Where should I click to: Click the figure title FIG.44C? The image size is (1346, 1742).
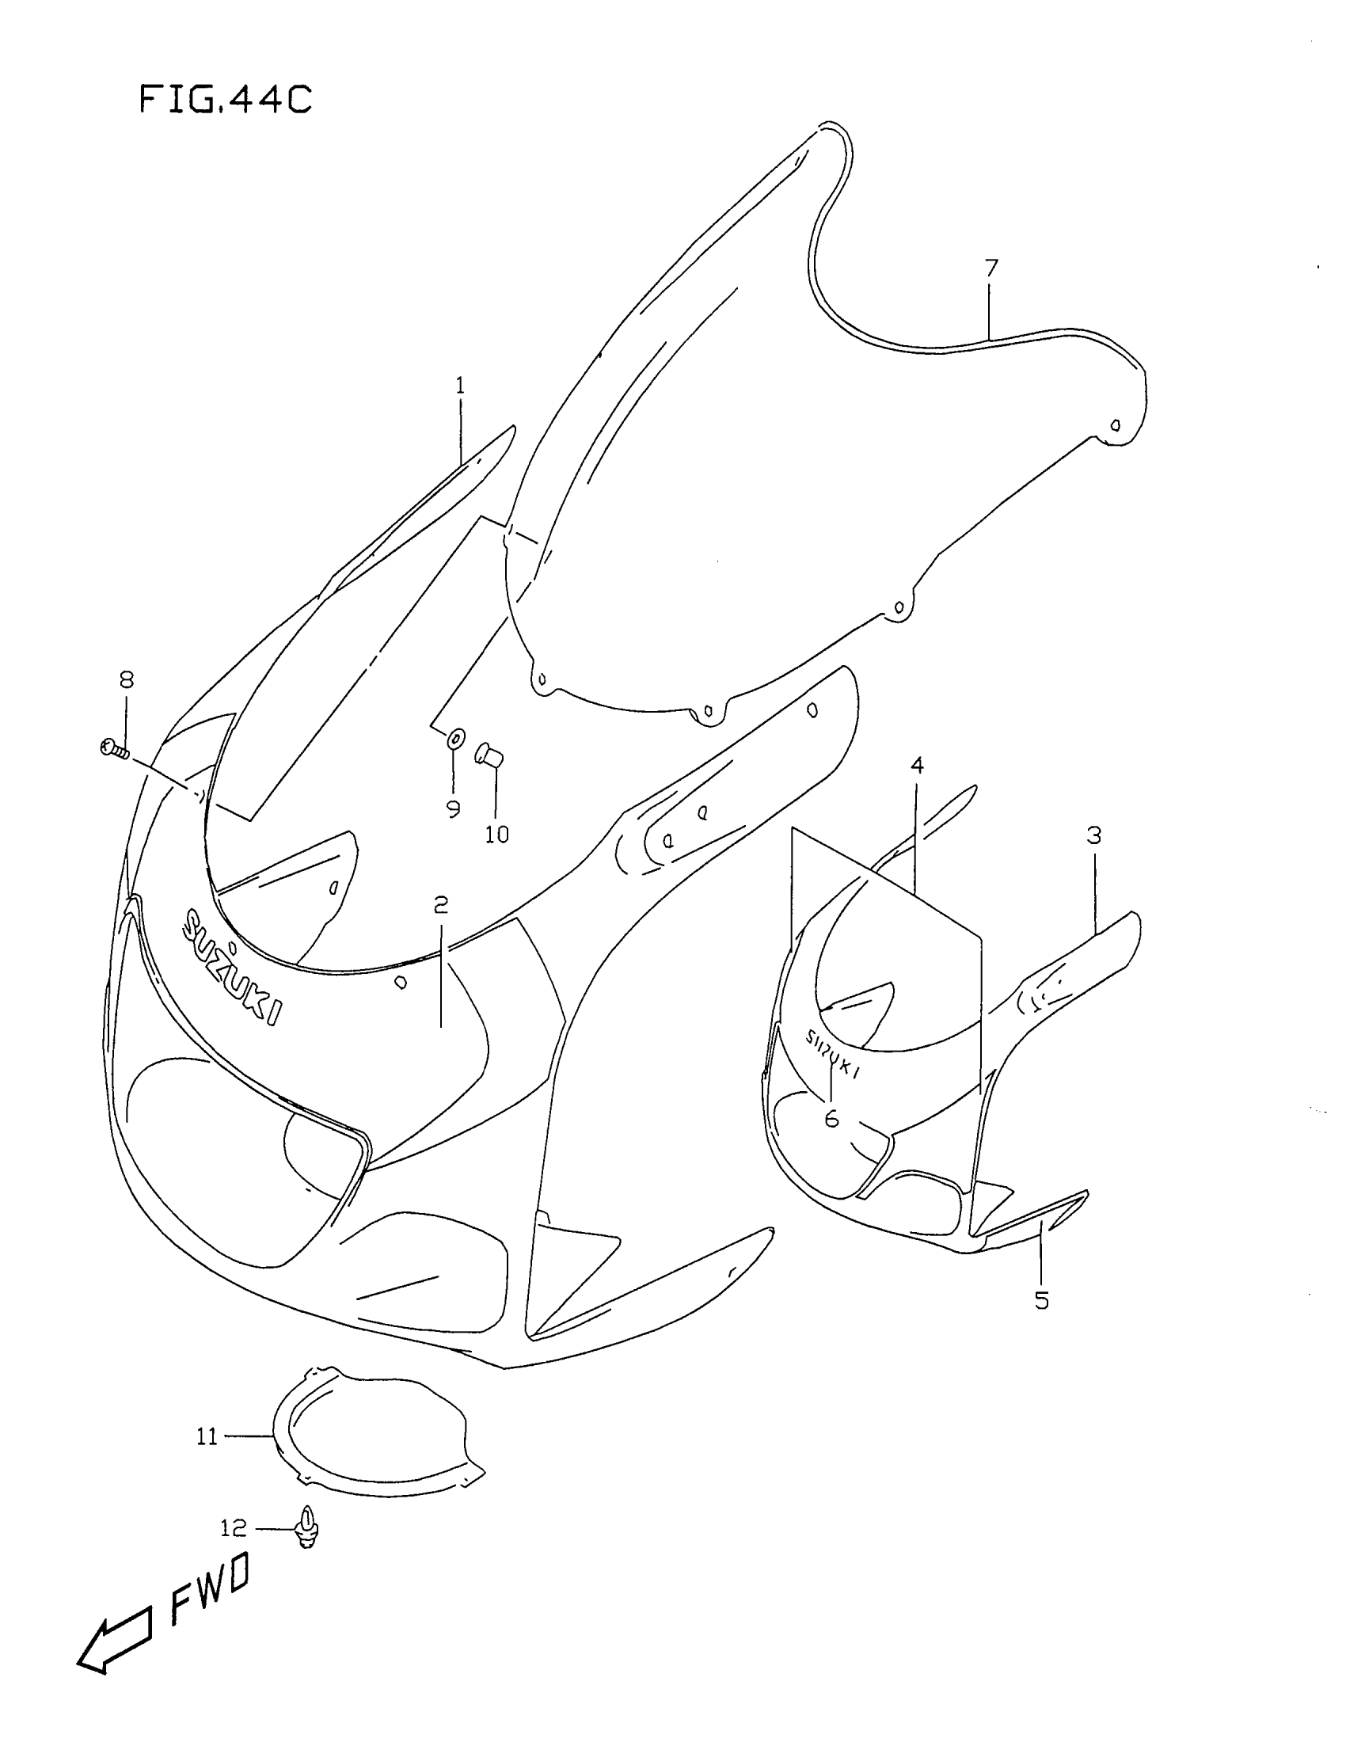[225, 101]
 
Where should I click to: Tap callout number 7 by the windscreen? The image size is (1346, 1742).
[991, 268]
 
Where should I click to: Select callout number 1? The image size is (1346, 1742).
[460, 387]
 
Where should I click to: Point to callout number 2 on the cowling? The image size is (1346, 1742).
[441, 905]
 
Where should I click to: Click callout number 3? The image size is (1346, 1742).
[1094, 836]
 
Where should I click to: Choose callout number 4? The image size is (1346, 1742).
[917, 766]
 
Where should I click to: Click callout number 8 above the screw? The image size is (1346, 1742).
[127, 679]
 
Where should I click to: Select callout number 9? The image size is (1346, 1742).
[453, 809]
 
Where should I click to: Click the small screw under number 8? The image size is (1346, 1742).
[115, 749]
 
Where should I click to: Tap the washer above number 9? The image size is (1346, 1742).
[454, 740]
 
